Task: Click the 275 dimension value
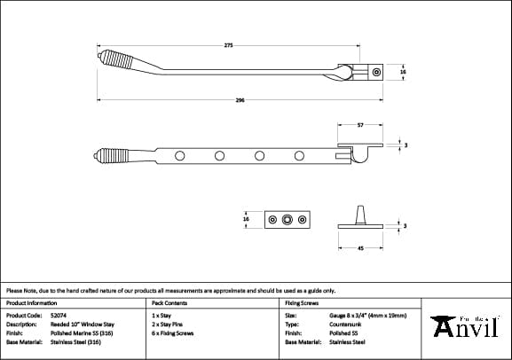[x=228, y=45]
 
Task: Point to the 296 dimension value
[x=240, y=101]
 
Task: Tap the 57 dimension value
[x=359, y=126]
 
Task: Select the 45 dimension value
[x=359, y=249]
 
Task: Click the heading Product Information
[x=30, y=302]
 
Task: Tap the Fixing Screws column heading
[x=302, y=302]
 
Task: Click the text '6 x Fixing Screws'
[x=173, y=333]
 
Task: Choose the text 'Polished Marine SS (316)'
[x=79, y=333]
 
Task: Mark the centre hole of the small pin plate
[x=286, y=218]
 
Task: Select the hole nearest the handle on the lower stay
[x=180, y=157]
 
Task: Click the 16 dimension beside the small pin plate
[x=246, y=218]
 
